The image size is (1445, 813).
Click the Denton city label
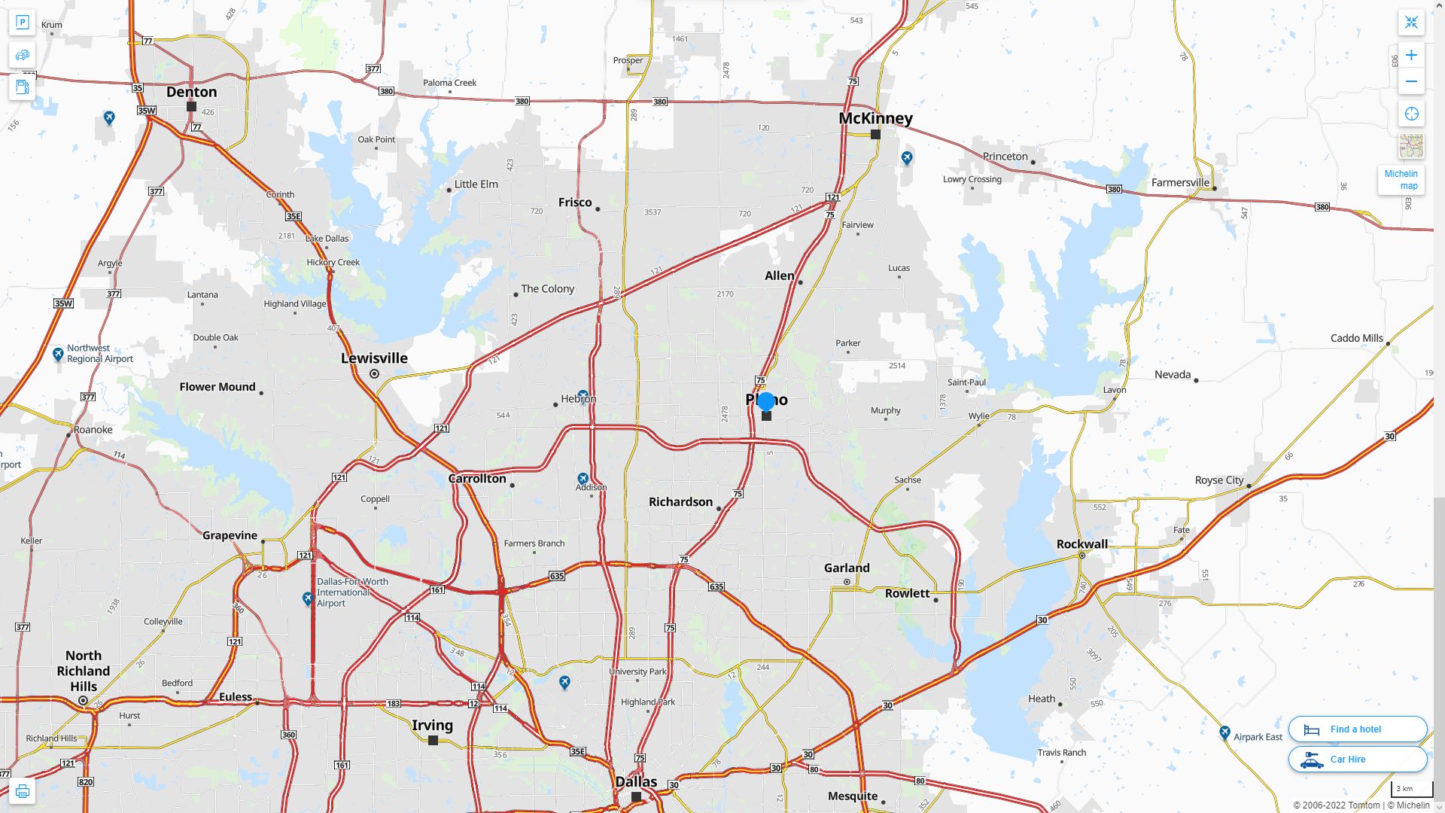(191, 92)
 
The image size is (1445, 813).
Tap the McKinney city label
(875, 118)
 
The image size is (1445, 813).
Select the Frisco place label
(575, 202)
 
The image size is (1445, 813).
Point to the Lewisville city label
(374, 358)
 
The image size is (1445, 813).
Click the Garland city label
(847, 568)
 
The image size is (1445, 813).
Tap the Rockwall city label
(1081, 544)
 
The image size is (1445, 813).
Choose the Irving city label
(432, 726)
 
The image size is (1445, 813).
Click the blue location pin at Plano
(766, 401)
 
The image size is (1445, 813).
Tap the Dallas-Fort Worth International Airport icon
(308, 598)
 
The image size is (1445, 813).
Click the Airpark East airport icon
(1224, 732)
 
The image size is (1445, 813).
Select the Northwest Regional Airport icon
(58, 354)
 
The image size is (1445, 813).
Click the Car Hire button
(1357, 760)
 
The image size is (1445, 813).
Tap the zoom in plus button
(1411, 55)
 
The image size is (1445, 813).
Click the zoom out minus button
(1411, 81)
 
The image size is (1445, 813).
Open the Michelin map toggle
(1401, 179)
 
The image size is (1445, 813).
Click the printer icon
(23, 791)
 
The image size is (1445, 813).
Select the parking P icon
(23, 22)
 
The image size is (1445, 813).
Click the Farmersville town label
(1179, 183)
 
